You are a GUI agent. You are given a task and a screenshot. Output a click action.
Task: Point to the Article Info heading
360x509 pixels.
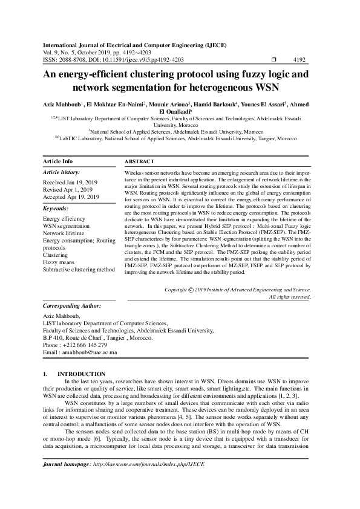click(58, 161)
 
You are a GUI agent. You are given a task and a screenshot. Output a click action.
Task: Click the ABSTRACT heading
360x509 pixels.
click(139, 161)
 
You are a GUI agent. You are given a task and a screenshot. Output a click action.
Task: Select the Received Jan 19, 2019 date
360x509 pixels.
click(70, 181)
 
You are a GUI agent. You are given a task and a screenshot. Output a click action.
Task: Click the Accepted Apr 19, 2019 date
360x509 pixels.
click(71, 196)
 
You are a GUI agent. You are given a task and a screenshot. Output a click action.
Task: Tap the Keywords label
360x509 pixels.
click(57, 208)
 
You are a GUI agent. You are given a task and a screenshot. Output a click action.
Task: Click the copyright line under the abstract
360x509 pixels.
click(238, 290)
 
